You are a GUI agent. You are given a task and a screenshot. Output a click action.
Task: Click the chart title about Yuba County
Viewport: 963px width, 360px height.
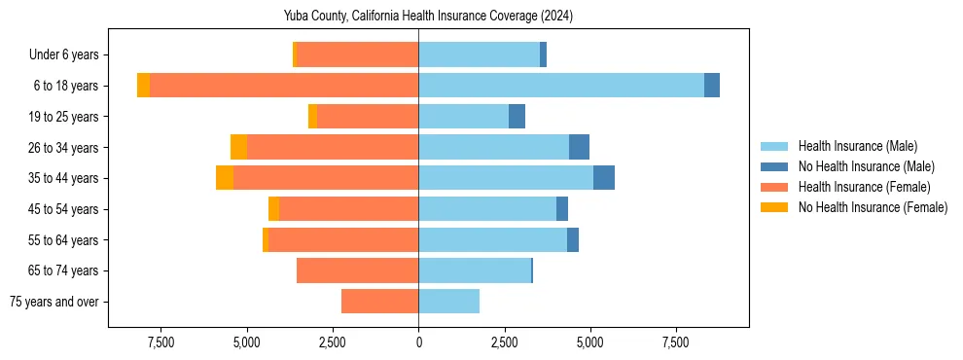click(428, 17)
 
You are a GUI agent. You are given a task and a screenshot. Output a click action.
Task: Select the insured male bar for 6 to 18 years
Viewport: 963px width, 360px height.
click(561, 86)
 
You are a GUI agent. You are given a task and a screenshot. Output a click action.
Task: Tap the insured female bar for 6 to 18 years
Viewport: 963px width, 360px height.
click(284, 86)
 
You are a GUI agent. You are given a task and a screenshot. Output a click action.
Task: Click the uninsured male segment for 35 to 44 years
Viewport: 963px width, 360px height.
click(604, 178)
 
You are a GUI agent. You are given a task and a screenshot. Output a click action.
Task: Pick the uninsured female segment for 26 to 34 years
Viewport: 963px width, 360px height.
click(238, 147)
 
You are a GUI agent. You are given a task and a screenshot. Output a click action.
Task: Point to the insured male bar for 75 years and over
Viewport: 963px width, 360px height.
click(449, 302)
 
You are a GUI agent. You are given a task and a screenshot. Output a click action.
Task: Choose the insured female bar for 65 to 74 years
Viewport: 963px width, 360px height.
click(357, 270)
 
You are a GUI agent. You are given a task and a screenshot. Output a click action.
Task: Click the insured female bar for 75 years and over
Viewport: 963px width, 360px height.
click(379, 302)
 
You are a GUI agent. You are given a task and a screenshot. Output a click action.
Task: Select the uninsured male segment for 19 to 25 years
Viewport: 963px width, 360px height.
click(517, 117)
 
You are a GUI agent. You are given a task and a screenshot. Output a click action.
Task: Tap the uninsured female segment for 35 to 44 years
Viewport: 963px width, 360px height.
click(225, 178)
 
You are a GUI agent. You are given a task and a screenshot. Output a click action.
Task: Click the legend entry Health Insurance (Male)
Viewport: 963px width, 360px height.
click(857, 146)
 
